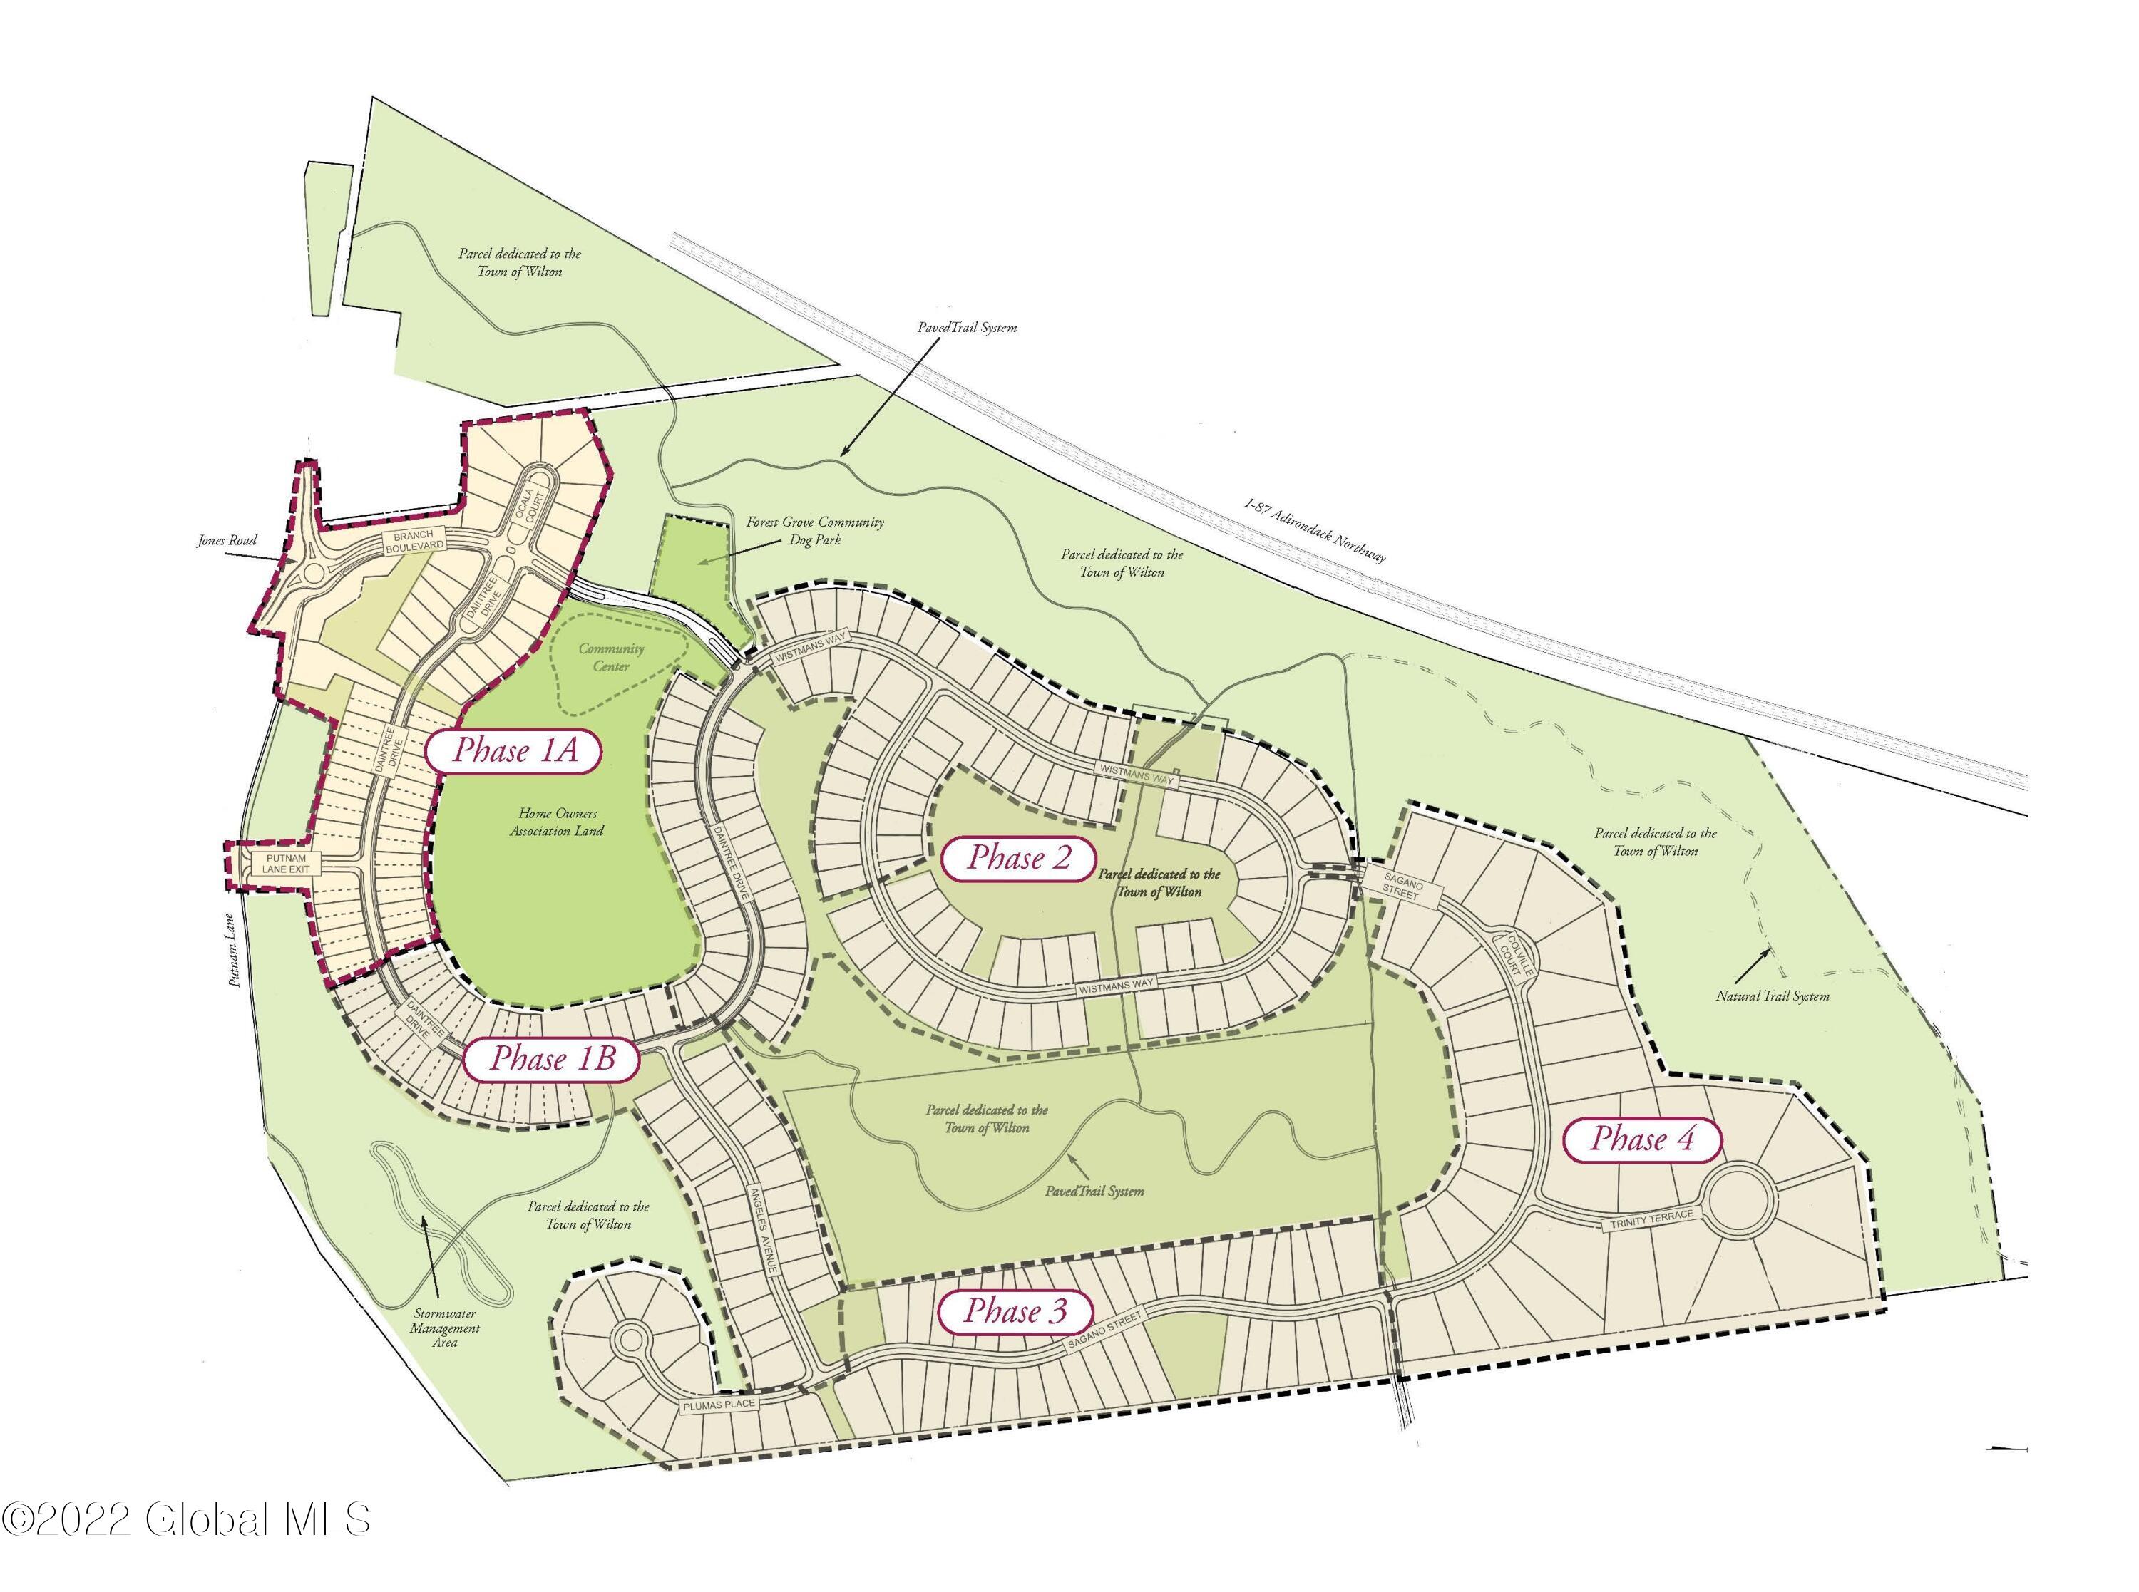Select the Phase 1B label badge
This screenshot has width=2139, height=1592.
[553, 1059]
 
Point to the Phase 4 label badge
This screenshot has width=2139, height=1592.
[1641, 1139]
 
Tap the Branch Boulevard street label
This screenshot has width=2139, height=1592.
[414, 541]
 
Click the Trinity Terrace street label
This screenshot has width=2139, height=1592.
[1651, 1220]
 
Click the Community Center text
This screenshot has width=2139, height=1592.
[611, 657]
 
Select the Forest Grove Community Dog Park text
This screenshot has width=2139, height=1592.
[814, 531]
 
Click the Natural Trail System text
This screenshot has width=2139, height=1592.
[1772, 996]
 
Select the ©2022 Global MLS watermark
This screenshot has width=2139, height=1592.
[185, 1520]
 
